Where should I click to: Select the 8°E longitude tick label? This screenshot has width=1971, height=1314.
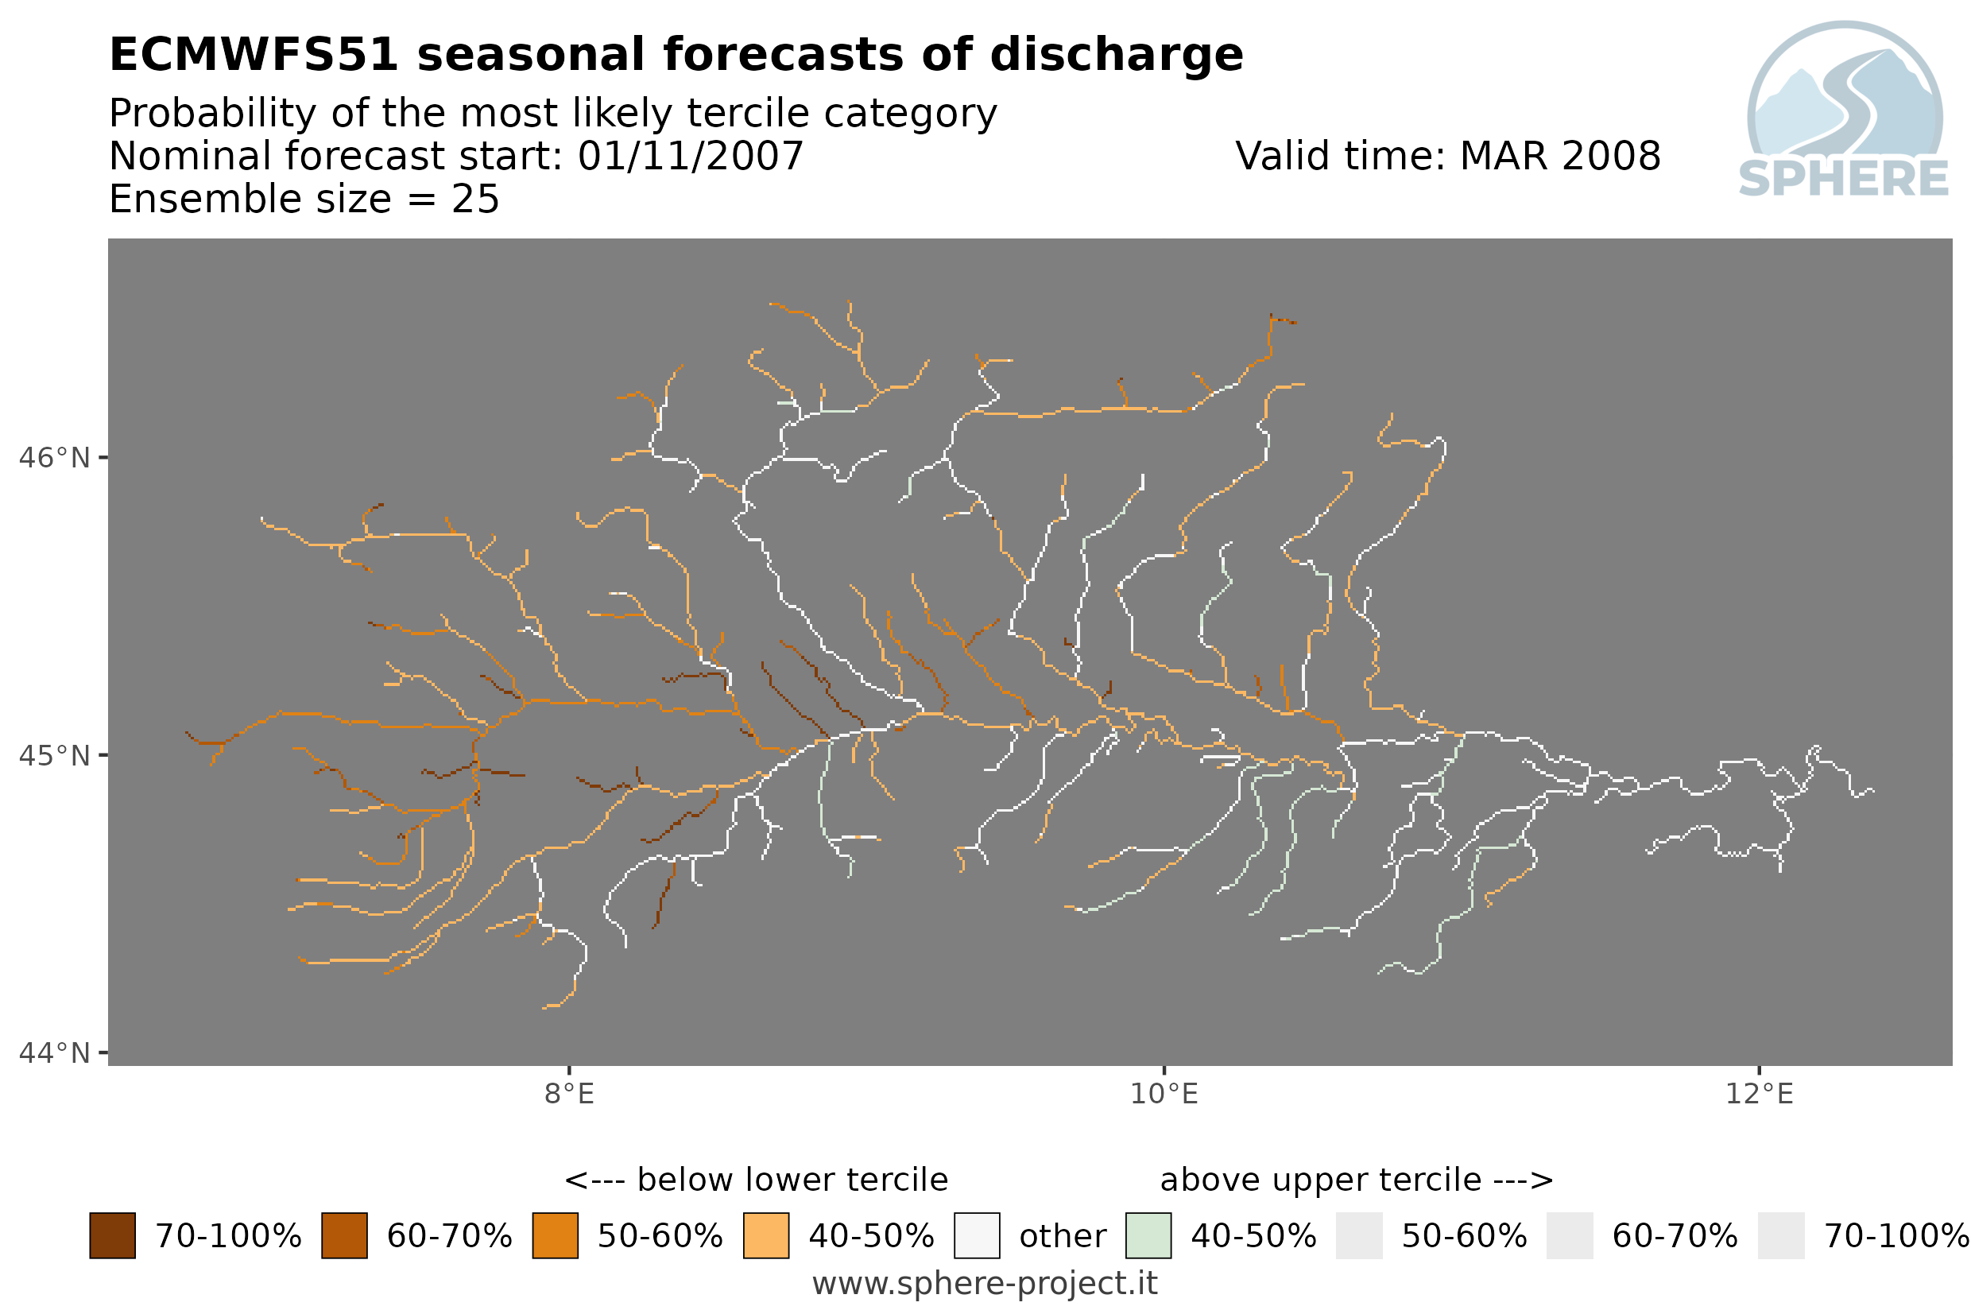pos(569,1095)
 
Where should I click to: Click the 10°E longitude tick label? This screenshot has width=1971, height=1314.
pos(1164,1095)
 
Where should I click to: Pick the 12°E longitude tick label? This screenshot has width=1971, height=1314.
pos(1758,1095)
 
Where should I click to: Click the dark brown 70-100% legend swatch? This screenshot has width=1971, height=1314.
pos(112,1236)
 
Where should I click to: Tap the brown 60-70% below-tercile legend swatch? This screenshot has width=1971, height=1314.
pos(344,1236)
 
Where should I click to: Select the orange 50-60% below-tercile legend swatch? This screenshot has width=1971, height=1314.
pos(556,1236)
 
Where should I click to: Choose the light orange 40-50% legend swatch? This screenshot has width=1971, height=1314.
pos(766,1236)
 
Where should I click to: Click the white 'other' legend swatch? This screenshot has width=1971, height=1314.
pos(977,1236)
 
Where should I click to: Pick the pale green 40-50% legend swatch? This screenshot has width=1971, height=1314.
pos(1148,1236)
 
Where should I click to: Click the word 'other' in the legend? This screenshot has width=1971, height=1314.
pos(1062,1237)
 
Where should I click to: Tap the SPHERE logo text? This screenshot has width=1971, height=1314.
pos(1844,180)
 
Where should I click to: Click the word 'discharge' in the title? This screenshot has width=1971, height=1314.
pos(1116,56)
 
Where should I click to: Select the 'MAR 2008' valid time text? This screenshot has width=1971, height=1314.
pos(1559,157)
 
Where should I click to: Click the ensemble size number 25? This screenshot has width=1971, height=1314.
pos(475,200)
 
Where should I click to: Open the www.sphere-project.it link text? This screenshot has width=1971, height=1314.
pos(985,1284)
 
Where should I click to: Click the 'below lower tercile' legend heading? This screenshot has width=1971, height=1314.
pos(792,1180)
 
